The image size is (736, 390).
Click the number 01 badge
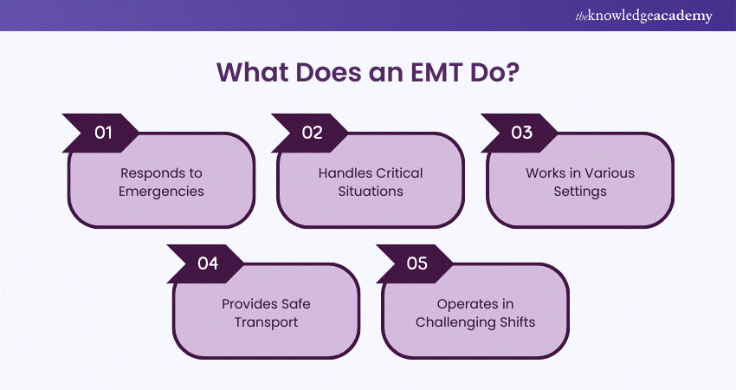click(104, 133)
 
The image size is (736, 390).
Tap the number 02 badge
click(313, 133)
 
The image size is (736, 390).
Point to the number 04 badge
click(208, 263)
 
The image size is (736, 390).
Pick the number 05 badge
click(416, 263)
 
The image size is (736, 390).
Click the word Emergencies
click(163, 191)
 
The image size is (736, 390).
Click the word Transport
click(267, 322)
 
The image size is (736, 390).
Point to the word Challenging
click(455, 322)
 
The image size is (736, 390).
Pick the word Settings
click(580, 191)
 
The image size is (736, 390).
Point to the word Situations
click(371, 191)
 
